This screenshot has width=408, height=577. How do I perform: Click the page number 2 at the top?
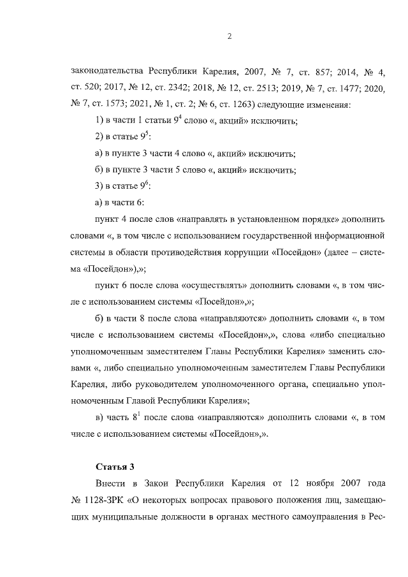[229, 36]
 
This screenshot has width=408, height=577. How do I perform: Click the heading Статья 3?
[113, 469]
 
